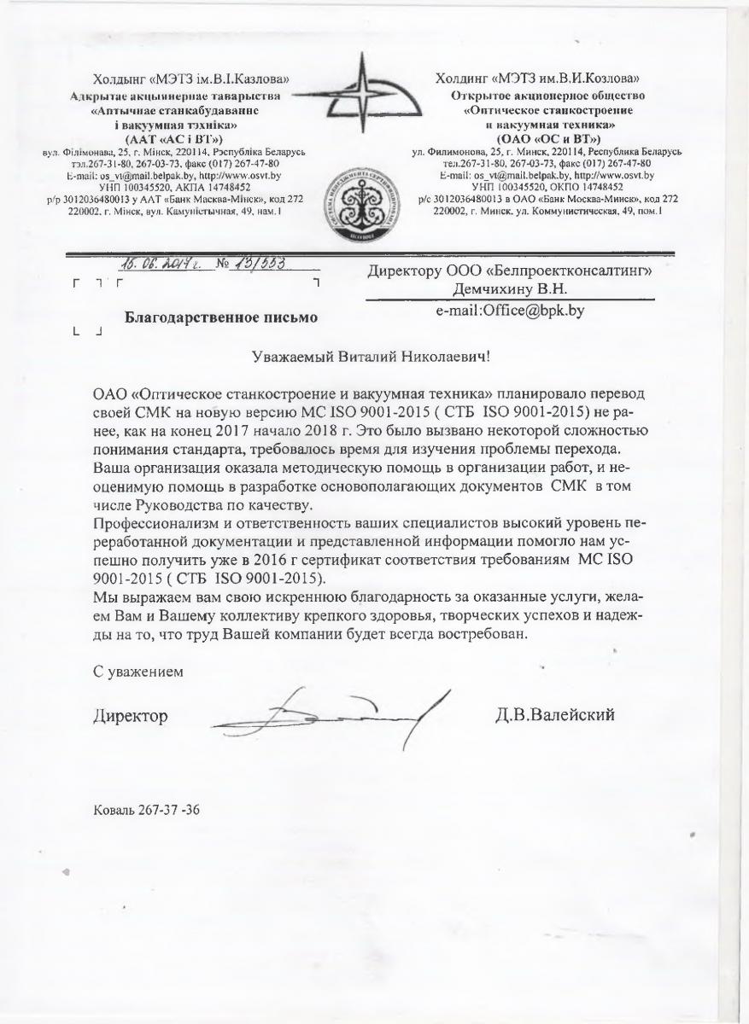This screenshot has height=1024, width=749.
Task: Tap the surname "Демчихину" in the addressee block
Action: pyautogui.click(x=489, y=290)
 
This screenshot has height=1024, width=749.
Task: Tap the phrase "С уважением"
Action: pyautogui.click(x=138, y=671)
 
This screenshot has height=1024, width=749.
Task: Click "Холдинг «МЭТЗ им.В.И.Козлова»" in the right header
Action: pyautogui.click(x=547, y=79)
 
